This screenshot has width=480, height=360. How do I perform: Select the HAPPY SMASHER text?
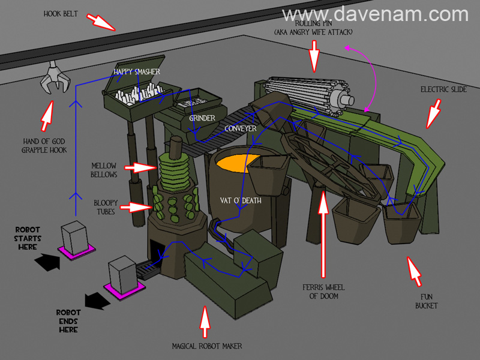click(137, 72)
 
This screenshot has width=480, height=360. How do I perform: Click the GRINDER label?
click(202, 118)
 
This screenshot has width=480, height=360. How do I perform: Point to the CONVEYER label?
click(241, 128)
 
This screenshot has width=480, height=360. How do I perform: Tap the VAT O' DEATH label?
click(241, 200)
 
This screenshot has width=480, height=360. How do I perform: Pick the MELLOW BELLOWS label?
click(104, 170)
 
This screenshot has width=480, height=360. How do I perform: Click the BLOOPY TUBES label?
click(106, 207)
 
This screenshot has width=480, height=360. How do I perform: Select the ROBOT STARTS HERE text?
click(28, 238)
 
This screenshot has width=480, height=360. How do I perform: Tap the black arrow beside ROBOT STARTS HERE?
click(47, 260)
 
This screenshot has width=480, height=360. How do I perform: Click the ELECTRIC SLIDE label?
click(443, 89)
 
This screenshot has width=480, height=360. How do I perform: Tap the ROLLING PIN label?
click(313, 27)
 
